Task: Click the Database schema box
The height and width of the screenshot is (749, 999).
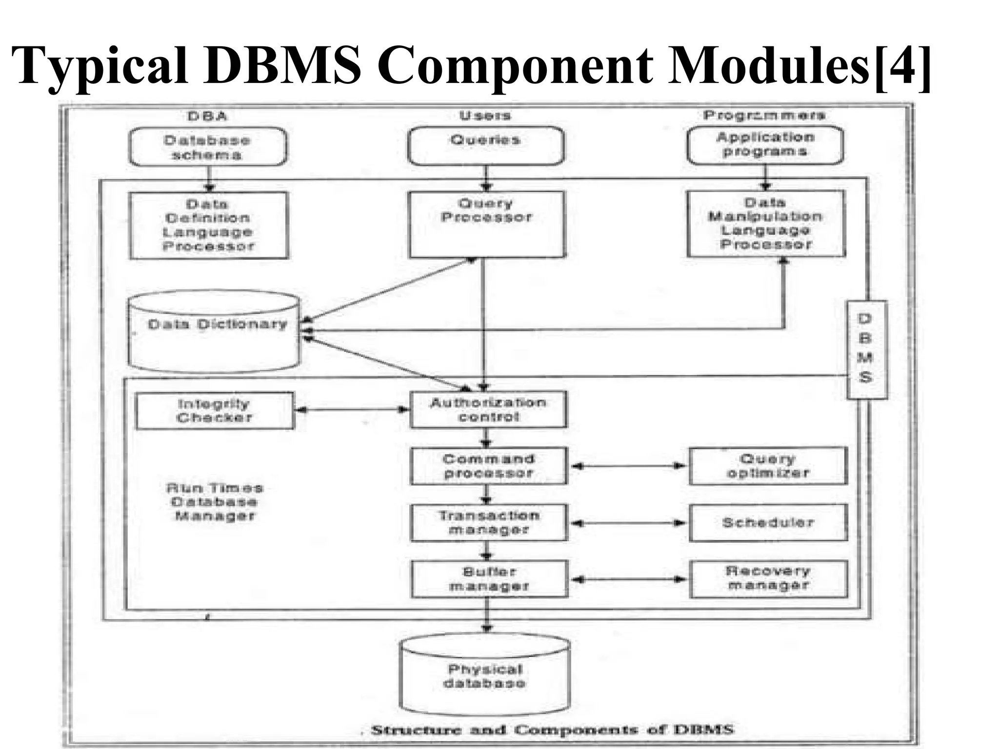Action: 208,147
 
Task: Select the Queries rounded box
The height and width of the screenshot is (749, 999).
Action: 486,146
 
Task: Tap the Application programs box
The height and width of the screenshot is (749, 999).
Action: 765,145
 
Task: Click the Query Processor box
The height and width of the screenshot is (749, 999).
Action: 487,224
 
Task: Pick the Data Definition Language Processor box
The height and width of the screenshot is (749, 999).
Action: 209,225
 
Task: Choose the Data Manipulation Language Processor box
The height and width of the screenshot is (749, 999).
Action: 766,224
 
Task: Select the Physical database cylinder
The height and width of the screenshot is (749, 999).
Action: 485,675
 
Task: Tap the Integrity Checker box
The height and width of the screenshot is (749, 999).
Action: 215,411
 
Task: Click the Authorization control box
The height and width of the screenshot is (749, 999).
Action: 488,410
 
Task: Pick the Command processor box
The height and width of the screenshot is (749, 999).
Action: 489,466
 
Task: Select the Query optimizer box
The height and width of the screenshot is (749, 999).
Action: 768,466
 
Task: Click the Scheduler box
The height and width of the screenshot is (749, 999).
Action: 768,523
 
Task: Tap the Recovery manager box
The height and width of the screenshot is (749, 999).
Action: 768,579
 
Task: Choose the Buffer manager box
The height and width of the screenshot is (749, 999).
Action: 489,579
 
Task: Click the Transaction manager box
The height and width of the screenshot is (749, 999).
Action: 489,523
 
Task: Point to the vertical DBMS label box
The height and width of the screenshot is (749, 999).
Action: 866,350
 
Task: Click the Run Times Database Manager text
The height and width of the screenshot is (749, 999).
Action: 215,502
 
